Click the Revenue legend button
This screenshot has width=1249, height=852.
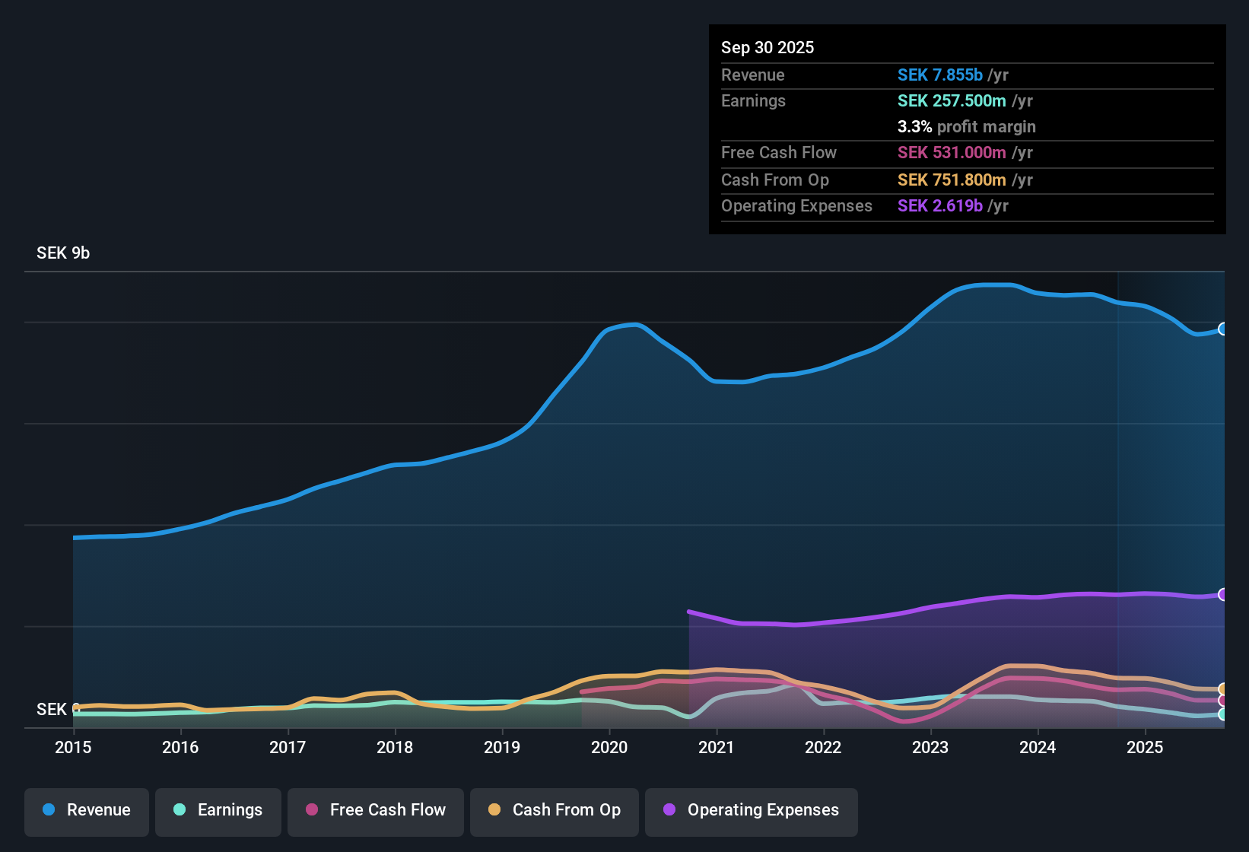point(87,810)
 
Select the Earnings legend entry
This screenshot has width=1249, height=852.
point(218,810)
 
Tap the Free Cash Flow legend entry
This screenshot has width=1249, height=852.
point(375,810)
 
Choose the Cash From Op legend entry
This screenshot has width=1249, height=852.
point(554,810)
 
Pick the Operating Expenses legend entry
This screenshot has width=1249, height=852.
point(751,810)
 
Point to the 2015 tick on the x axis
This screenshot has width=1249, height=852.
point(73,747)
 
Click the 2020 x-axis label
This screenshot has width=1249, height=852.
point(609,747)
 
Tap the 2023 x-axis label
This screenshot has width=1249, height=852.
point(930,747)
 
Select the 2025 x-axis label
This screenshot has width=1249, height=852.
point(1145,747)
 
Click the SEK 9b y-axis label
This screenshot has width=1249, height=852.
point(63,253)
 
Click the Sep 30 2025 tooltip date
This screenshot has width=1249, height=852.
point(768,48)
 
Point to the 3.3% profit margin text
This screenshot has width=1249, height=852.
point(966,127)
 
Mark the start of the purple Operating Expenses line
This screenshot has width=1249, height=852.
point(689,612)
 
